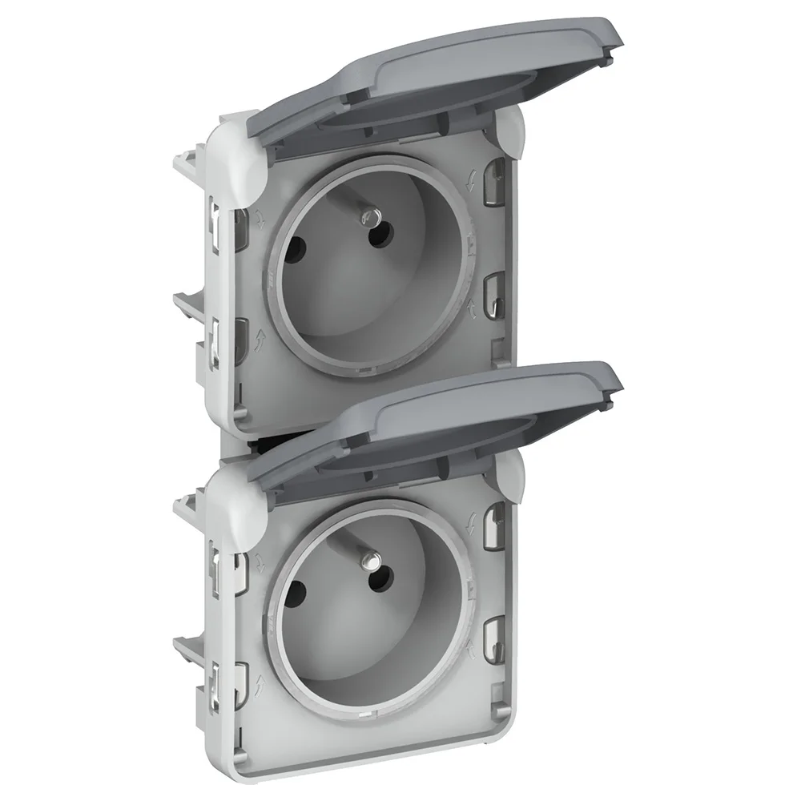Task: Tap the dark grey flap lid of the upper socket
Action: pyautogui.click(x=417, y=96)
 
